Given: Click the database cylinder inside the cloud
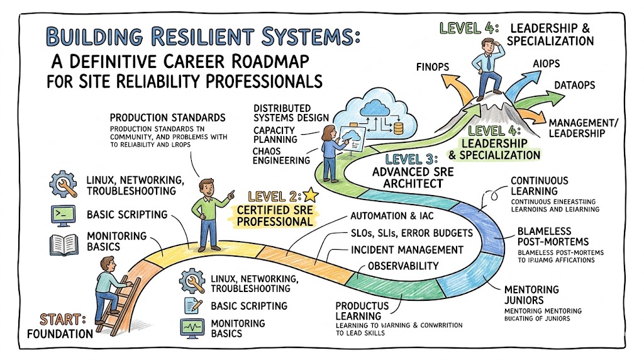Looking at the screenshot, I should pos(397,128).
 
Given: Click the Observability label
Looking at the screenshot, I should pos(402,266).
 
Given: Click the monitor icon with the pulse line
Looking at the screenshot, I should pos(190,327).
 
